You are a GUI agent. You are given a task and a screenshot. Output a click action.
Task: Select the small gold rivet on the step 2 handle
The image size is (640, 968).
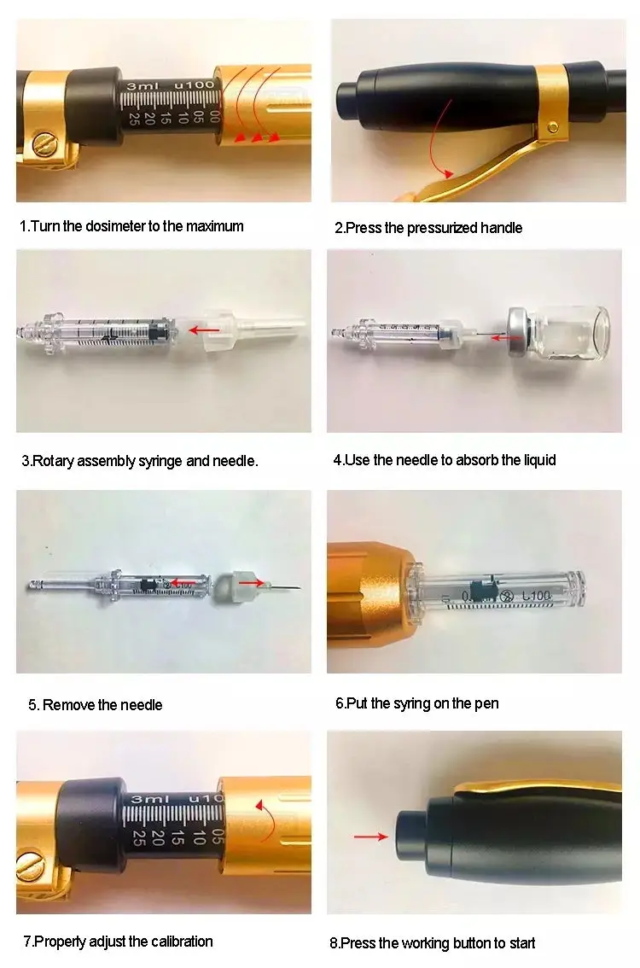[553, 127]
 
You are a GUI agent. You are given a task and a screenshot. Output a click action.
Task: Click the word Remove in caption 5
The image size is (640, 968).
[68, 705]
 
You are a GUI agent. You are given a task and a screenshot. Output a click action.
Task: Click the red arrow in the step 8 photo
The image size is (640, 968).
[370, 837]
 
